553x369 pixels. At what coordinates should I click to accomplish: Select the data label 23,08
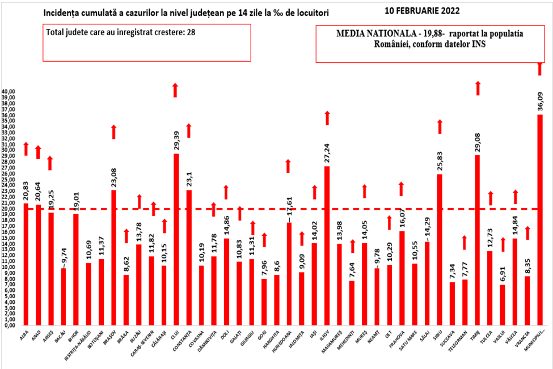click(x=113, y=176)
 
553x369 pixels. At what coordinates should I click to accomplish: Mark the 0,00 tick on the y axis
click(x=11, y=325)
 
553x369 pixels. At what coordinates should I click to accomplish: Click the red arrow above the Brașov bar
click(x=113, y=132)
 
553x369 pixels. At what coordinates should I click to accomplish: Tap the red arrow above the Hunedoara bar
click(x=288, y=166)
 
